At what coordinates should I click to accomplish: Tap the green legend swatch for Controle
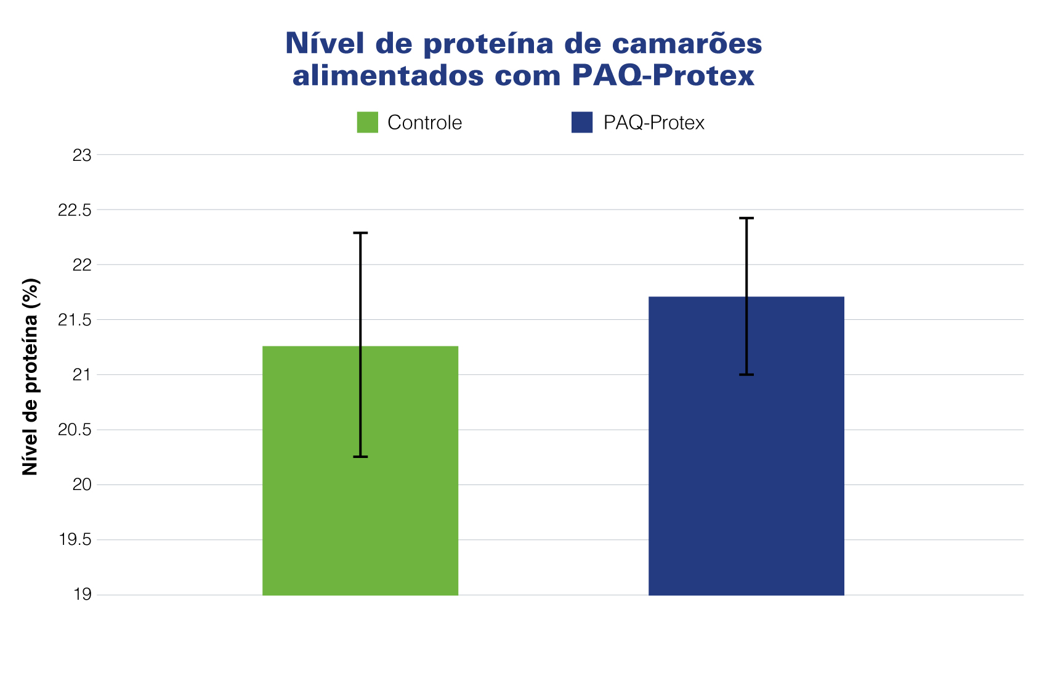[367, 122]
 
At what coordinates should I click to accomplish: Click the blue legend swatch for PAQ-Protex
[581, 122]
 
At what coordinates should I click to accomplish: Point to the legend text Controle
[424, 123]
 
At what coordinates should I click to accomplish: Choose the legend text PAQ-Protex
[653, 123]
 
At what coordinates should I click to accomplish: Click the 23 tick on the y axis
[82, 155]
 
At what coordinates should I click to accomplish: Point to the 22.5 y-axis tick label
[74, 210]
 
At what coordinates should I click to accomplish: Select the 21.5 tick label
[74, 320]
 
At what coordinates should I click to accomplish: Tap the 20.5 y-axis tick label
[74, 430]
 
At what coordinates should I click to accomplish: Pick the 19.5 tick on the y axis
[75, 541]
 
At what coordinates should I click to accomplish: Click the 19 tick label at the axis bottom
[82, 595]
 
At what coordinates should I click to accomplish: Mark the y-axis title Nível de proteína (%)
[30, 377]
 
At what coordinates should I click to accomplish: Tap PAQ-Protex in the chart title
[663, 76]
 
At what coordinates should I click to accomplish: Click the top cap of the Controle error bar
[360, 233]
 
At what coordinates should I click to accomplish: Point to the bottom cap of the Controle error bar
[360, 457]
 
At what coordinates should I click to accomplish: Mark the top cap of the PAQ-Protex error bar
[746, 218]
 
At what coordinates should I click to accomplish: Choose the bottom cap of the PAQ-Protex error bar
[746, 375]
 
